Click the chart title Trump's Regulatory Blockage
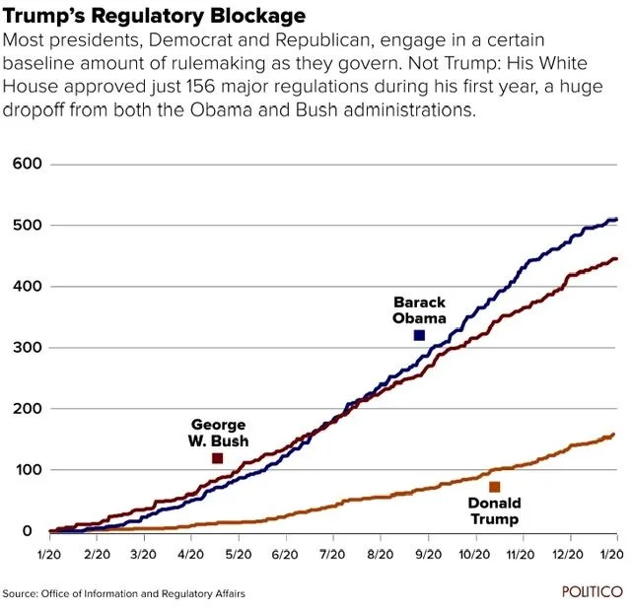pos(154,17)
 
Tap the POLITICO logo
pos(592,592)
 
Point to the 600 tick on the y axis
pos(27,164)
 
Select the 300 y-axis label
pos(27,347)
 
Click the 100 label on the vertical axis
pos(27,470)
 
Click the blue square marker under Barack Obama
pos(419,336)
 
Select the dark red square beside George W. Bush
pos(217,458)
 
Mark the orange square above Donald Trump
pos(494,487)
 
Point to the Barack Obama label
pos(419,310)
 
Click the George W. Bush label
pos(218,433)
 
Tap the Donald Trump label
pos(494,511)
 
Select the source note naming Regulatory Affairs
pos(123,593)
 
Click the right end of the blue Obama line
pos(616,219)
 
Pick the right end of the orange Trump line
pos(614,435)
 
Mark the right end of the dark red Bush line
pos(616,259)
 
